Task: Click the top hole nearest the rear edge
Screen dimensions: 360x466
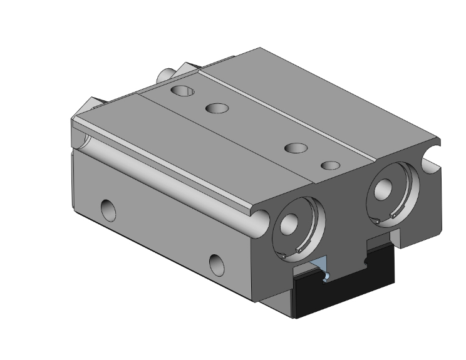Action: pos(185,91)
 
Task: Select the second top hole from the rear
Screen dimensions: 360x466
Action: pos(217,108)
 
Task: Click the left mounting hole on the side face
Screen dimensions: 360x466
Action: pos(108,209)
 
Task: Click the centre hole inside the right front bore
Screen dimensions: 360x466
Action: pos(383,190)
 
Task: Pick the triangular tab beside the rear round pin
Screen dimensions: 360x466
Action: pos(187,67)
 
